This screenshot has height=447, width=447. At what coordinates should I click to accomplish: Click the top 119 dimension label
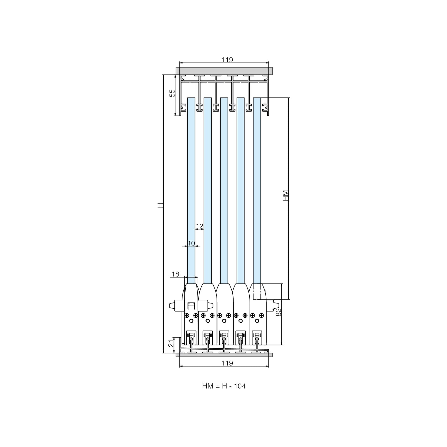(227, 60)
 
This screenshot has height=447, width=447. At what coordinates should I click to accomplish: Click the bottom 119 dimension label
(227, 363)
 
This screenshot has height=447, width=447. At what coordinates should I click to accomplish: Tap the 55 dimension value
(172, 93)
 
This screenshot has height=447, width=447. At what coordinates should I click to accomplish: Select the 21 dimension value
(171, 343)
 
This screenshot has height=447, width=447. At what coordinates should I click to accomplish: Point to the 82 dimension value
(279, 312)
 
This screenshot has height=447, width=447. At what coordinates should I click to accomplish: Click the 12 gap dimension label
(200, 226)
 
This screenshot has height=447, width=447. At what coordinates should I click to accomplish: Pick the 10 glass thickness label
(191, 243)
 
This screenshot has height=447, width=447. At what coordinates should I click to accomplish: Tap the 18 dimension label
(175, 274)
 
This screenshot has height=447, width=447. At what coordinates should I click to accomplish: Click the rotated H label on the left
(160, 205)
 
